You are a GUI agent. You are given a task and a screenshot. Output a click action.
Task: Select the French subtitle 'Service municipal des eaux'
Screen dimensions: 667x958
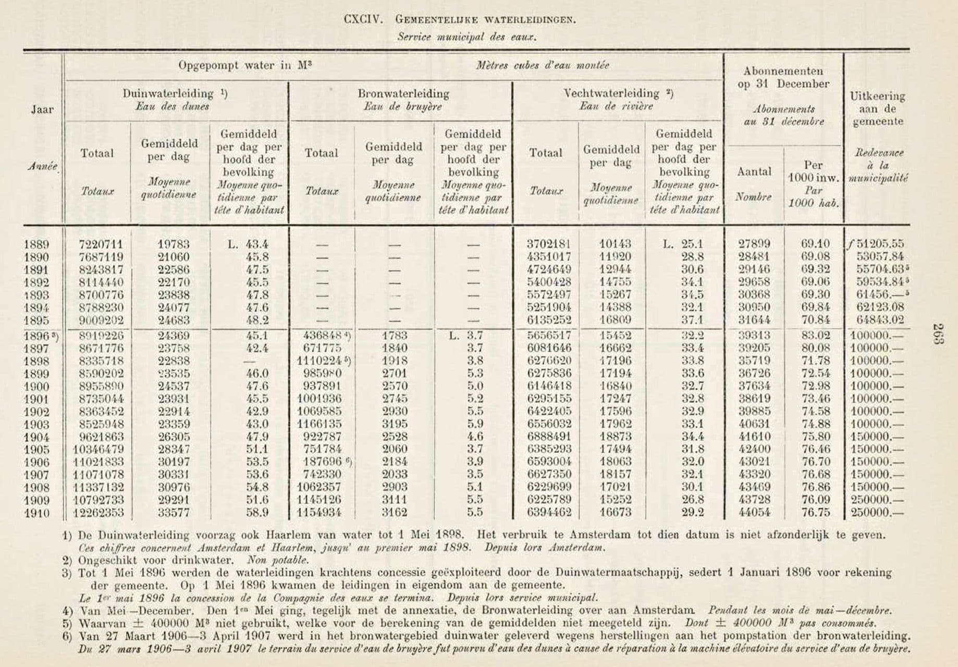466,37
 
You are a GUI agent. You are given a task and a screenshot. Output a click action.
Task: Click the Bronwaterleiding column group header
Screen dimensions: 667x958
403,94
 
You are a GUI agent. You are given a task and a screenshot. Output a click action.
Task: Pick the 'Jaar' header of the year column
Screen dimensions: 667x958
42,109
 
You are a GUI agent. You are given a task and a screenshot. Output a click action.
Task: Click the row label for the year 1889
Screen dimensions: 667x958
36,244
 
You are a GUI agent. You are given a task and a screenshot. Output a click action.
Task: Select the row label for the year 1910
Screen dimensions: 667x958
36,513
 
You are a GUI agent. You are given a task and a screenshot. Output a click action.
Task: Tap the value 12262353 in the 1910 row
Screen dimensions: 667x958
98,512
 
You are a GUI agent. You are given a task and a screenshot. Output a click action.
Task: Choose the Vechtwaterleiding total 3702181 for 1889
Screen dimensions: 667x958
548,244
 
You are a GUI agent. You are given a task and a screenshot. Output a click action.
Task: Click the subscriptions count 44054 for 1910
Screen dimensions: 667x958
754,512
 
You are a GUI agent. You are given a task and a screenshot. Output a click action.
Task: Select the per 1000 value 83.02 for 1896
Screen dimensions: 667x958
815,336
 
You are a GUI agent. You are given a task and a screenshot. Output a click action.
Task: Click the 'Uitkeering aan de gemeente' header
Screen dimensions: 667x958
878,109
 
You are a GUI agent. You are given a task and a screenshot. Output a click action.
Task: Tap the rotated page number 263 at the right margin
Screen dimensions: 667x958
938,334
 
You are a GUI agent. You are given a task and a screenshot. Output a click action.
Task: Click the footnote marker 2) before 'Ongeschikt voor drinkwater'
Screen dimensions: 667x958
67,561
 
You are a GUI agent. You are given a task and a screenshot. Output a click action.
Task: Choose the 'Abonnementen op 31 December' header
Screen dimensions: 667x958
783,78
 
